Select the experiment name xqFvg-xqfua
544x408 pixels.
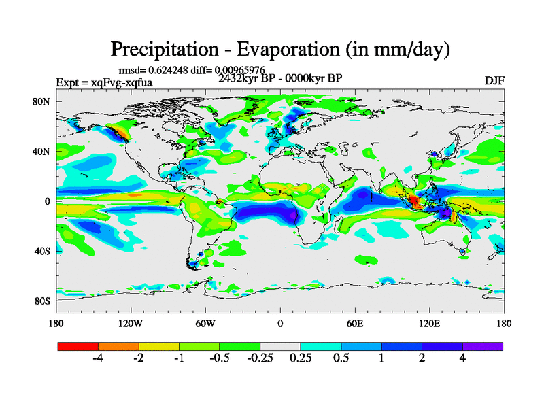(122, 83)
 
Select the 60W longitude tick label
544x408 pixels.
(205, 323)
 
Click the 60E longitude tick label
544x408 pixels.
(354, 323)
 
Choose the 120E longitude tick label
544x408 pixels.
(429, 323)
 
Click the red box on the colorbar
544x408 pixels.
(78, 346)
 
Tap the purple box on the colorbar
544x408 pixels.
(483, 346)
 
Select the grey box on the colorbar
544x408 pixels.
(280, 346)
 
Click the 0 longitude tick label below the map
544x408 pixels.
(279, 323)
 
